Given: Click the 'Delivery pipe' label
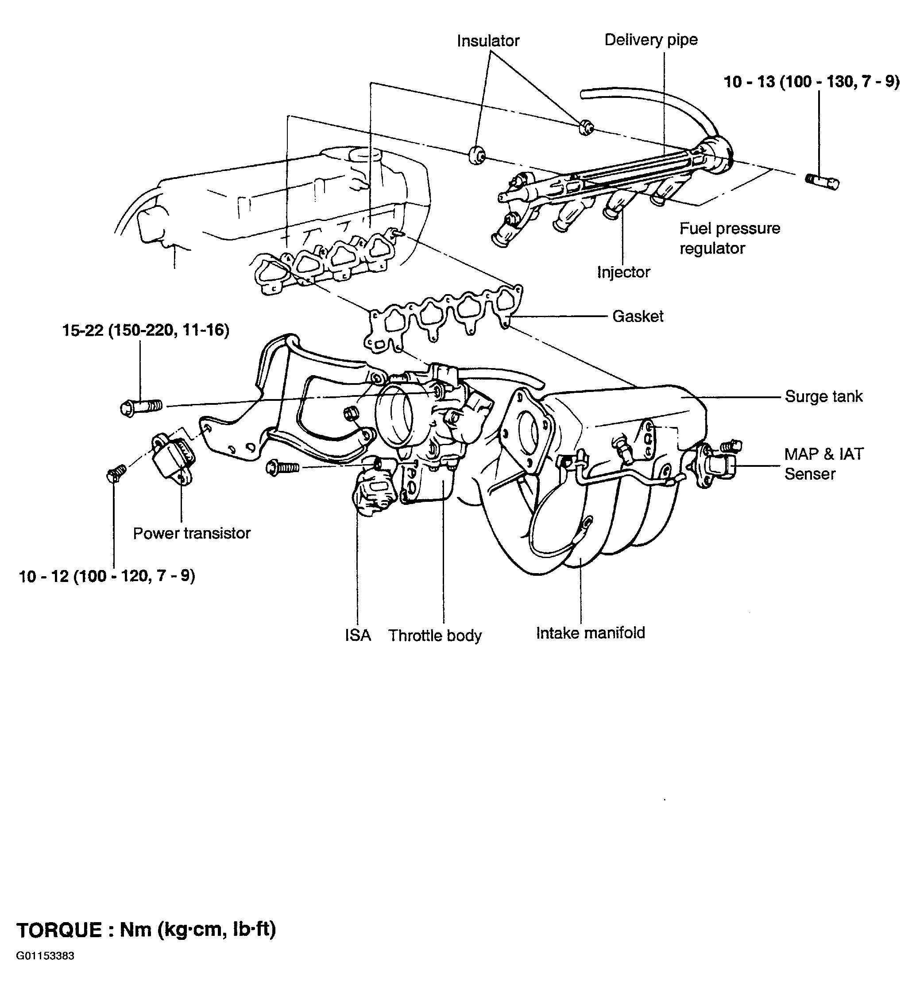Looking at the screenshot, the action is pos(651,40).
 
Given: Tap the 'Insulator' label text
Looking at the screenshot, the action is pos(488,41).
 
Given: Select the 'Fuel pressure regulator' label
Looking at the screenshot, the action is pos(730,238).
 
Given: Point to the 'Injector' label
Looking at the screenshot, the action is pos(623,272).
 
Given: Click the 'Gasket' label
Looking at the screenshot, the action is pos(638,316).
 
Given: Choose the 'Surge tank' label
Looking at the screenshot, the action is pos(823,396).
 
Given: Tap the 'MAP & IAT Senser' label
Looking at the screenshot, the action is pos(824,464).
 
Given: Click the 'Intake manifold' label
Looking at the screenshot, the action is pos(590,633).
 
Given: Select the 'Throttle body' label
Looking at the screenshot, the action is pos(435,636).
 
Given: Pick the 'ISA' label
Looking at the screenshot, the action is pos(358,636).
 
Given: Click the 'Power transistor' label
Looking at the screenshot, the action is pos(192,533).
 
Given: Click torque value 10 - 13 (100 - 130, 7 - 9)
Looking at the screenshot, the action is pos(812,82).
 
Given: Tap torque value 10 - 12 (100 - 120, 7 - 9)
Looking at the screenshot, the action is pos(107,576).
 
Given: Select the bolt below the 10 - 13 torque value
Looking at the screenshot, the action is pos(822,182).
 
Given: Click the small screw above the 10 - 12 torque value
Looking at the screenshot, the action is pos(116,473).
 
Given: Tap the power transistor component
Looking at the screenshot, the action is pos(173,458).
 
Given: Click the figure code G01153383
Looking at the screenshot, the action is pos(45,970).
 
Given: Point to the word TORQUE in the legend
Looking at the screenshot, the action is pos(59,930).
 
